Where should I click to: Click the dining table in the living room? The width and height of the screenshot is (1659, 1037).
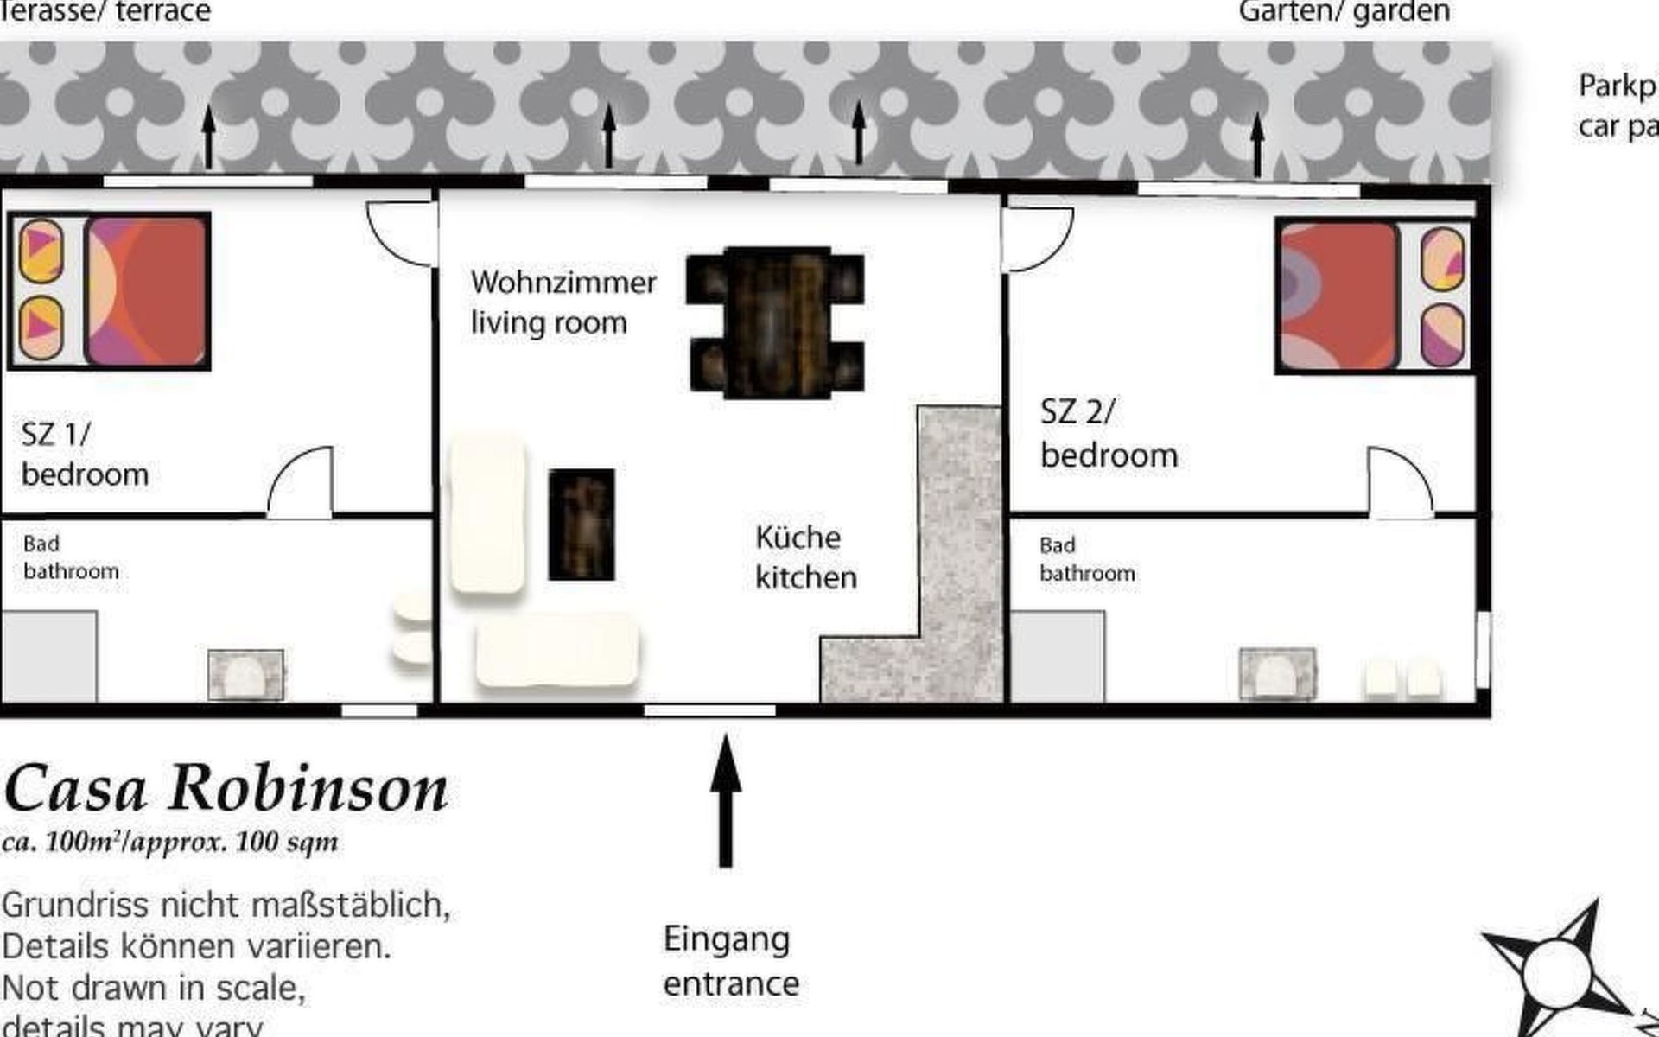click(x=775, y=322)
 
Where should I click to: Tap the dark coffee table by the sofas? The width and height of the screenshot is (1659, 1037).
click(x=582, y=525)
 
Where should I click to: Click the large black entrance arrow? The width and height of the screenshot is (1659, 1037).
click(x=726, y=799)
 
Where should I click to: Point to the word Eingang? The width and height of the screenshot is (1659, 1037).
click(x=727, y=939)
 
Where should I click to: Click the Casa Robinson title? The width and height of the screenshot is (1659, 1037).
click(x=226, y=789)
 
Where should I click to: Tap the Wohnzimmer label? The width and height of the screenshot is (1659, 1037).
click(x=563, y=283)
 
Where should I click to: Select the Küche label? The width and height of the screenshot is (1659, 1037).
click(x=798, y=538)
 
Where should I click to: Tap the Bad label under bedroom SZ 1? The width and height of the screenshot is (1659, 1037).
click(x=41, y=544)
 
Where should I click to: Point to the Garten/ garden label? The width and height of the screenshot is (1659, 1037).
click(x=1344, y=12)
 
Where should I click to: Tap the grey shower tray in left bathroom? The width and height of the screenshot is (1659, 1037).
click(x=48, y=656)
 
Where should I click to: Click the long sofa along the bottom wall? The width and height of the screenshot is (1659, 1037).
click(x=557, y=651)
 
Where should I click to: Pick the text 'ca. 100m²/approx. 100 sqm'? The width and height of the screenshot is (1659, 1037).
click(x=170, y=842)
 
